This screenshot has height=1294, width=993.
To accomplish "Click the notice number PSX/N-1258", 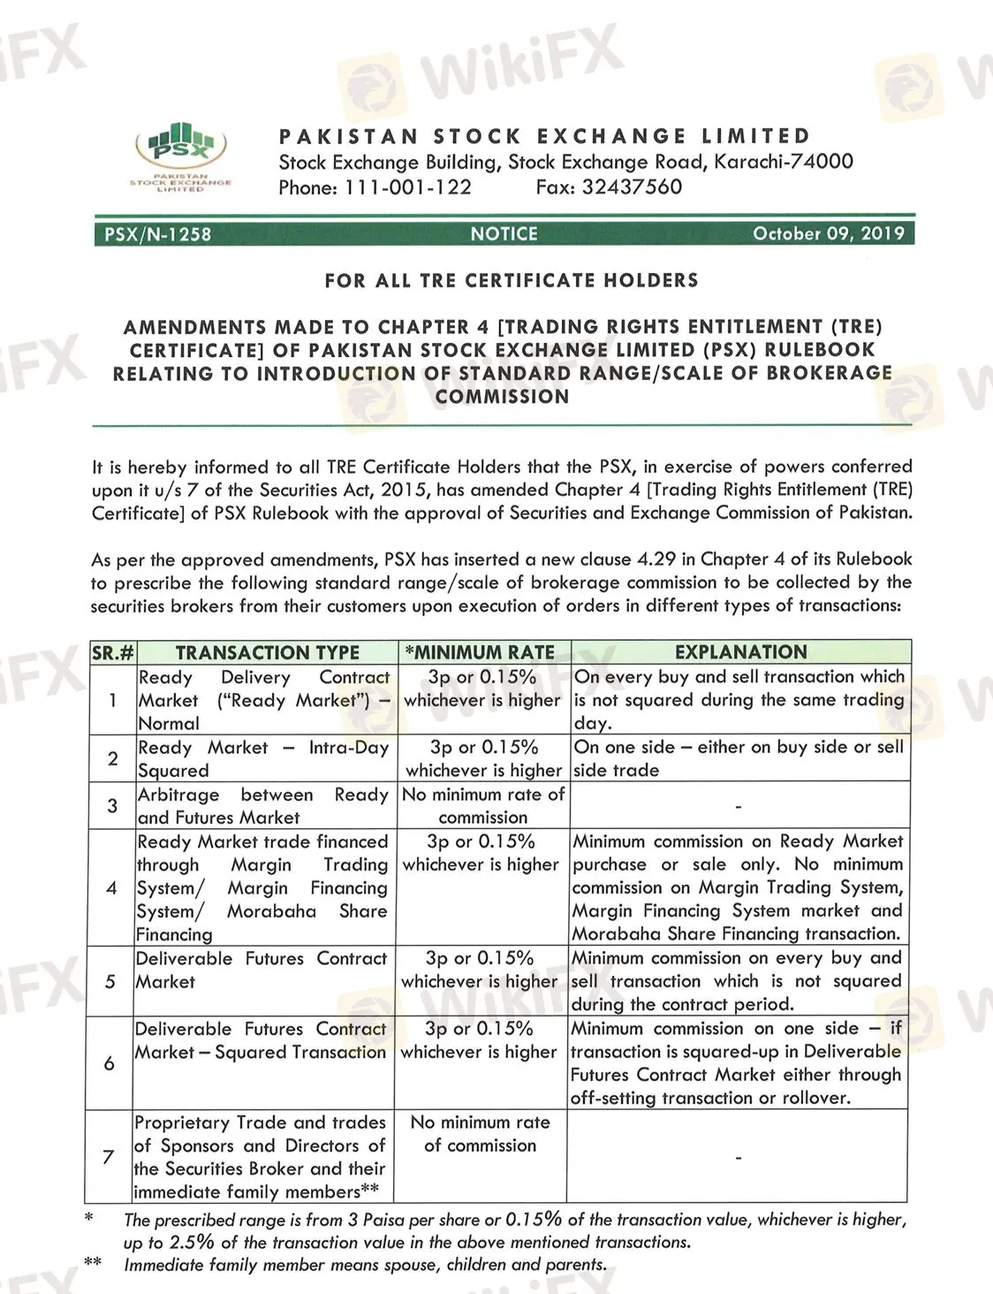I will coord(158,234).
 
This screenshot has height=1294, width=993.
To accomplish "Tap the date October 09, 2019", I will coord(828,233).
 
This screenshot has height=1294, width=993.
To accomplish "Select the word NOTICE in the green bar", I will coord(504,233).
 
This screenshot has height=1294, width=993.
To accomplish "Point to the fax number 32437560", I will coord(632,186).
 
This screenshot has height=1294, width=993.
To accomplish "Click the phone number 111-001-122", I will coord(407,187).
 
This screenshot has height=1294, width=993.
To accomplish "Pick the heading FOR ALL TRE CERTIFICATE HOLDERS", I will coord(512,280).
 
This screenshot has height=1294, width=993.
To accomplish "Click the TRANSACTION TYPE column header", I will coord(267,652).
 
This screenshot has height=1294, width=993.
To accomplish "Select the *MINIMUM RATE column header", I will coord(480,652).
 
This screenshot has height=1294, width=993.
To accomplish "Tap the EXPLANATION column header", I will coord(740,652).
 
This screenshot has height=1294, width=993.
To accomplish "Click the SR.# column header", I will coord(113,653).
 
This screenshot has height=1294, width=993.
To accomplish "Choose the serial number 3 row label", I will coord(112,805).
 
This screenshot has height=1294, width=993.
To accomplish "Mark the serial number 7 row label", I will coord(109,1156).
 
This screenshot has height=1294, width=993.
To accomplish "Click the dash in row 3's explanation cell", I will coord(739,806).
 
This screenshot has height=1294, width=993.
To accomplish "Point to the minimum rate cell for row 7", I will coord(480,1133).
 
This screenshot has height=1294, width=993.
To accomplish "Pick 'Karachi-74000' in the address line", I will coord(784,162).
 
